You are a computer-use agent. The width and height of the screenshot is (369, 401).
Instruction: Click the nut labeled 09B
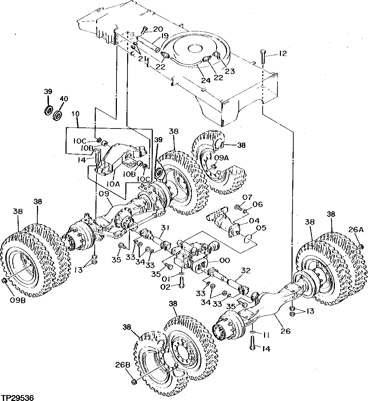[x=4, y=280]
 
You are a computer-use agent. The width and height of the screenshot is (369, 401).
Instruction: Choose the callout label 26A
[x=356, y=230]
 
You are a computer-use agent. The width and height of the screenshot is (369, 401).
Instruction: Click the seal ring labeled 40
[x=57, y=115]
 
